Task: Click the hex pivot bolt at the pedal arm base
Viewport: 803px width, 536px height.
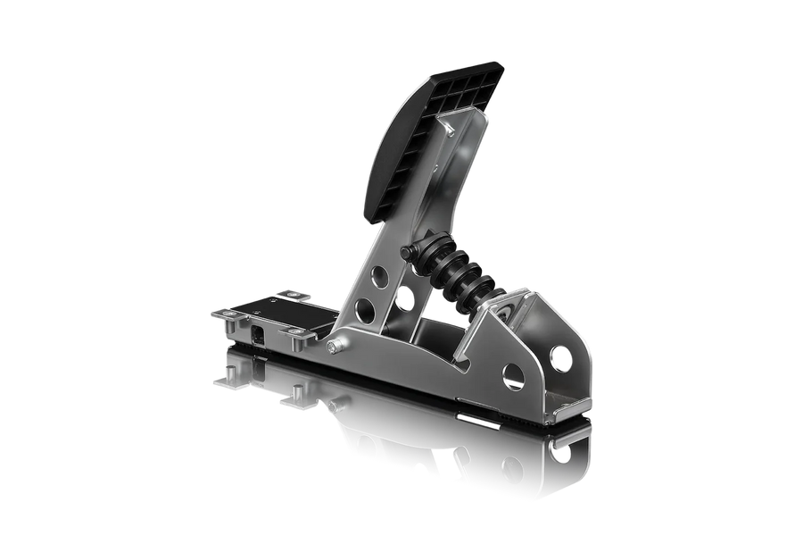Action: click(x=332, y=348)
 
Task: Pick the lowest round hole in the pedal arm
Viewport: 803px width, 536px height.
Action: click(x=364, y=310)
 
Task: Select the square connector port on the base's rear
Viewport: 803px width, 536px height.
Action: click(x=257, y=333)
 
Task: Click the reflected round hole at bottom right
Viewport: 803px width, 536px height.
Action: click(x=511, y=465)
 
